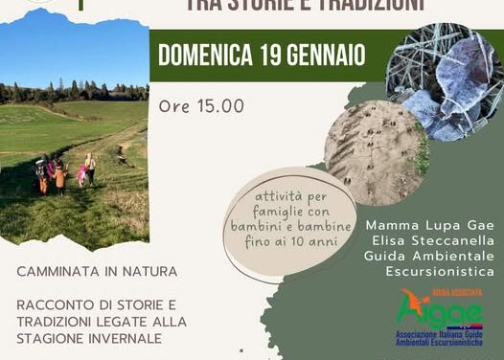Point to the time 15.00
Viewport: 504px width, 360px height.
coord(220,106)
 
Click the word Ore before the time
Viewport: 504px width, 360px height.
coord(174,106)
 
